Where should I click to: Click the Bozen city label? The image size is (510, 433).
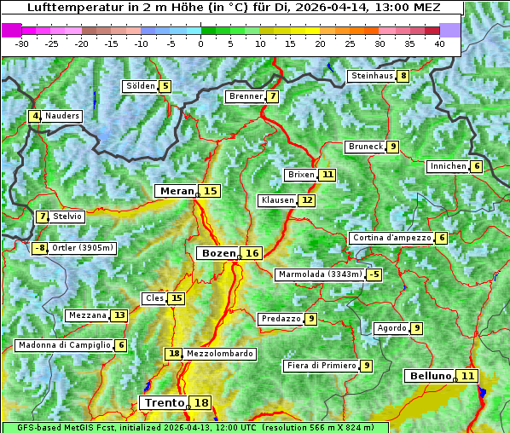pyautogui.click(x=217, y=253)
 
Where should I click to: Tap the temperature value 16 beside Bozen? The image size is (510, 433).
pyautogui.click(x=252, y=253)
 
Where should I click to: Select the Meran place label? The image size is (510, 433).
pyautogui.click(x=177, y=191)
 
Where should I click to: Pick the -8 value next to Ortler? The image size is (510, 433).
pyautogui.click(x=40, y=248)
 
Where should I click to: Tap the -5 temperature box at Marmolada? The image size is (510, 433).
pyautogui.click(x=374, y=274)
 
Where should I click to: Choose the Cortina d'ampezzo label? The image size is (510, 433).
pyautogui.click(x=391, y=238)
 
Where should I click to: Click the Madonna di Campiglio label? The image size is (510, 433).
pyautogui.click(x=64, y=345)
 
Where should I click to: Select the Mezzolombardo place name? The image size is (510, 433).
pyautogui.click(x=219, y=354)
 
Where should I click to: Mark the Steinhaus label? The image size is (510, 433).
pyautogui.click(x=372, y=76)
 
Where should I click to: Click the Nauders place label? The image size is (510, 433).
pyautogui.click(x=62, y=116)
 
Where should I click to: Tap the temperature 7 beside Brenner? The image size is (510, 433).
pyautogui.click(x=272, y=96)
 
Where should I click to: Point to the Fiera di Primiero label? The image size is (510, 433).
pyautogui.click(x=321, y=366)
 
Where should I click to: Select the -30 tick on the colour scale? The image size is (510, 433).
pyautogui.click(x=22, y=43)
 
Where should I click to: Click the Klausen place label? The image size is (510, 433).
pyautogui.click(x=277, y=200)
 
